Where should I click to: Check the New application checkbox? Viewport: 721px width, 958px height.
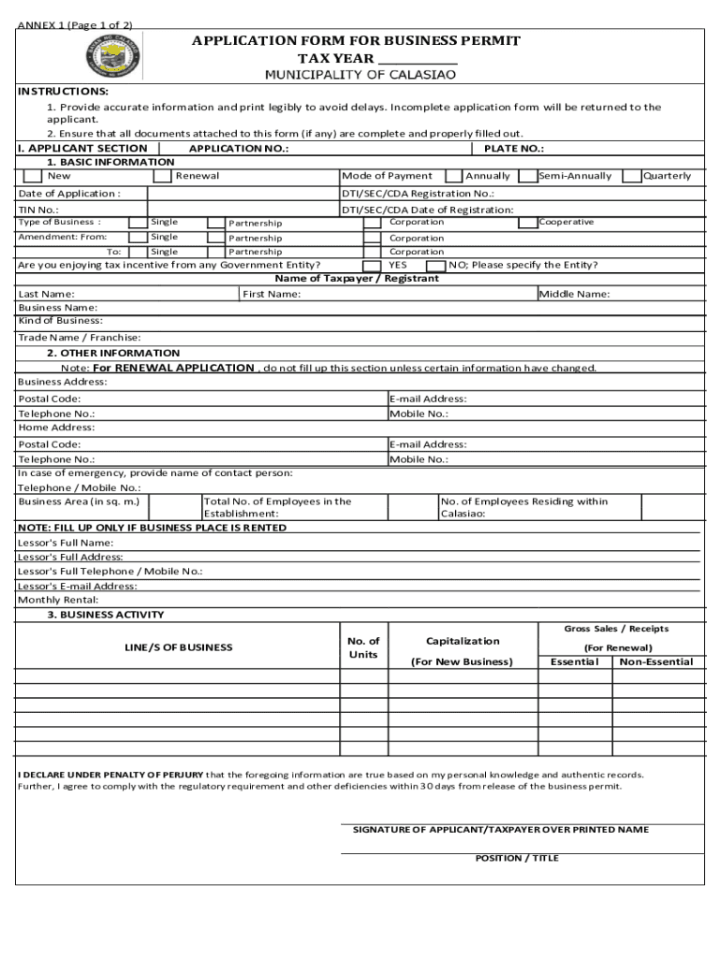pyautogui.click(x=33, y=176)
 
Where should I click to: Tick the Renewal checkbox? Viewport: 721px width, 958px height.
pyautogui.click(x=162, y=176)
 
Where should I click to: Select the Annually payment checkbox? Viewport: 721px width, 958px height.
pyautogui.click(x=453, y=176)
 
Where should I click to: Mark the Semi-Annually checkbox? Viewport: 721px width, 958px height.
pyautogui.click(x=528, y=176)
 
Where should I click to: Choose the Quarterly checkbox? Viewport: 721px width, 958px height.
pyautogui.click(x=632, y=176)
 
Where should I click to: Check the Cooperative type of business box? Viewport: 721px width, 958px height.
pyautogui.click(x=528, y=223)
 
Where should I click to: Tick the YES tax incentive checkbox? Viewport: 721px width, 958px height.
pyautogui.click(x=372, y=266)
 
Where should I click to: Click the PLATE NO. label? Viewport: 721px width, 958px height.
pyautogui.click(x=514, y=149)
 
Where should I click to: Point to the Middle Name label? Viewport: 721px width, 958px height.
pyautogui.click(x=575, y=295)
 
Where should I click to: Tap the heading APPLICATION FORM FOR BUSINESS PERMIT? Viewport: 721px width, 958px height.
pyautogui.click(x=356, y=41)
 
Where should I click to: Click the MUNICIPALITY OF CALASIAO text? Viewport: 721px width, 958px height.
pyautogui.click(x=360, y=74)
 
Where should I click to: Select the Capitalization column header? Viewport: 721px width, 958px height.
pyautogui.click(x=463, y=642)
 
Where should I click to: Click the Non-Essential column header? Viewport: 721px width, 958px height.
pyautogui.click(x=655, y=662)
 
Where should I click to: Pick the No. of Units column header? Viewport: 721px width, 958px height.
pyautogui.click(x=362, y=647)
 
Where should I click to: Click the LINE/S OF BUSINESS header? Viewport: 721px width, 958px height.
pyautogui.click(x=179, y=647)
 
